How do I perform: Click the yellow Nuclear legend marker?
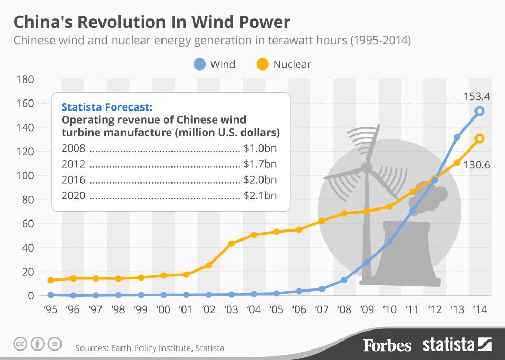point(261,65)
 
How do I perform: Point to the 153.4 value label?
point(477,96)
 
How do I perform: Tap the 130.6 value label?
point(477,165)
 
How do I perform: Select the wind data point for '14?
point(480,111)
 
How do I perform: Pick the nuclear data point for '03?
point(231,243)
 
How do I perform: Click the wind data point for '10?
point(389,242)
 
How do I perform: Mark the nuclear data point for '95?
point(50,281)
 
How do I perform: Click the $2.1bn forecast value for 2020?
point(260,196)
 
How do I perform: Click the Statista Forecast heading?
point(107,107)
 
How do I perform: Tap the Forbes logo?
point(387,345)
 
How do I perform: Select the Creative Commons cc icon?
point(21,345)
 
